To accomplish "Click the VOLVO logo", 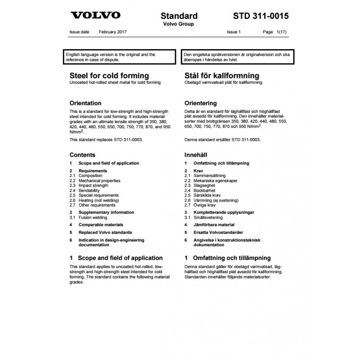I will point(96,15).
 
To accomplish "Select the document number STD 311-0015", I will point(261,16).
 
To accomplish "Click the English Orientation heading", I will point(85,103).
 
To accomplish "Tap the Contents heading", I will point(82,154).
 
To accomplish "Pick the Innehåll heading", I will point(196,154).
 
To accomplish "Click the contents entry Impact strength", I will point(93,185).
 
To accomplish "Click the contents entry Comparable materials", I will point(101,225).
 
